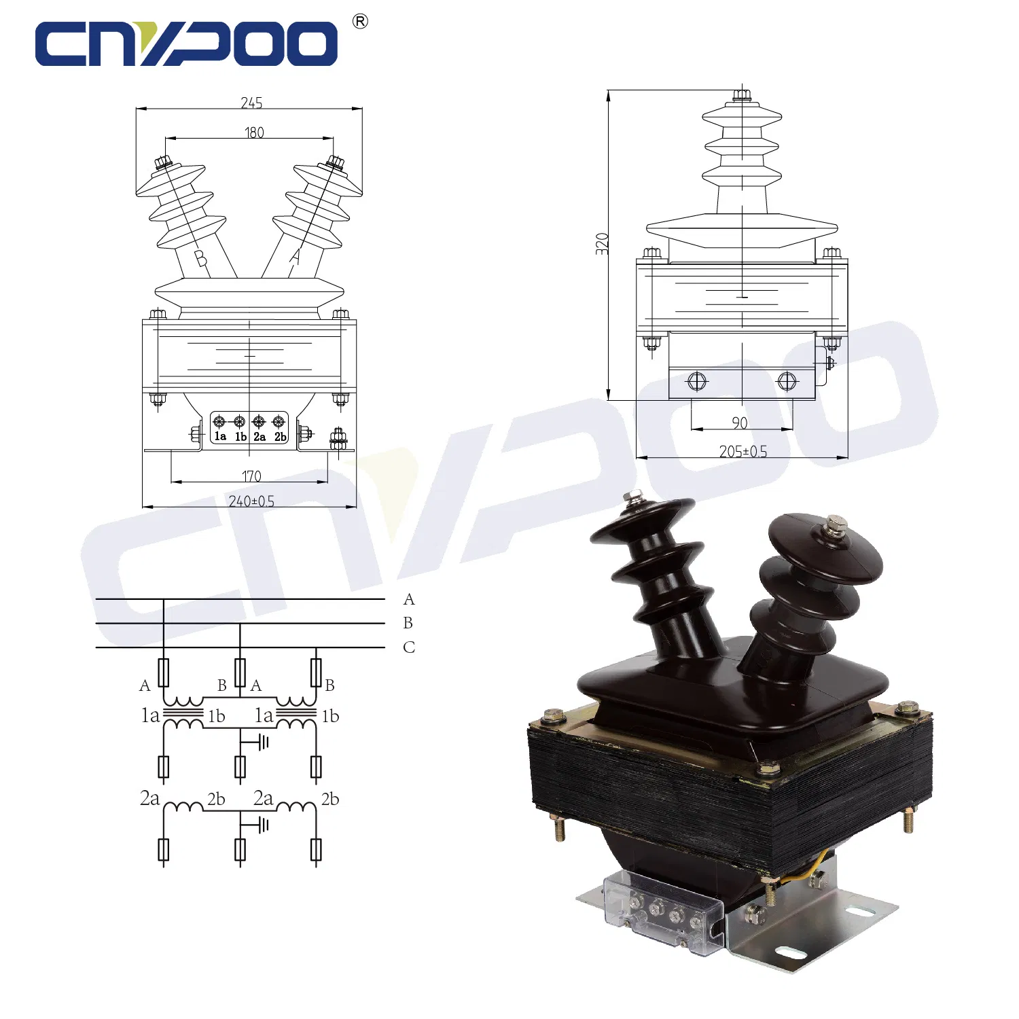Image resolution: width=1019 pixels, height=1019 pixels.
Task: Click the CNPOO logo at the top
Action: coord(187,43)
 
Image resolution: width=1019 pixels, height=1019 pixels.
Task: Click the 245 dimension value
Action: coord(251,103)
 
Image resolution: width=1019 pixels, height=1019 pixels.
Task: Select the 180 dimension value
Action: coord(254,132)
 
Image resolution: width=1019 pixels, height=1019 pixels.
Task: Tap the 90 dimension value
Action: coord(740,423)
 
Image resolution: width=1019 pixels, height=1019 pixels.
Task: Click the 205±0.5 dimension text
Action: coord(743,452)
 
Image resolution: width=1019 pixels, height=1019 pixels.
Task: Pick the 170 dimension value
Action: coord(251,476)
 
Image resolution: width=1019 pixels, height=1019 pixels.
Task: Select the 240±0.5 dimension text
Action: coord(251,501)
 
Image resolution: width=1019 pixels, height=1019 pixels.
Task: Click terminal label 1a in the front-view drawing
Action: coord(220,436)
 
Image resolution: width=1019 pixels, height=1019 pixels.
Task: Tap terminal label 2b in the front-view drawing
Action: coord(280,437)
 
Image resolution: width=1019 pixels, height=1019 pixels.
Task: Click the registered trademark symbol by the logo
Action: coord(360,22)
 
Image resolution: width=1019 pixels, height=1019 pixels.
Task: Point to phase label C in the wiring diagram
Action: coord(408,647)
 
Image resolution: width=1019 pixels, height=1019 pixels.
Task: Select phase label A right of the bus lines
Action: coord(408,599)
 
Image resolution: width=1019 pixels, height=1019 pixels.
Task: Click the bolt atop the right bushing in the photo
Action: coord(836,524)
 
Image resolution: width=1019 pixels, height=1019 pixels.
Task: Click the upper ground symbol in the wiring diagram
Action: coord(262,742)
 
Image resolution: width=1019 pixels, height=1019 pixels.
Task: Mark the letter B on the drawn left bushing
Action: coord(200,258)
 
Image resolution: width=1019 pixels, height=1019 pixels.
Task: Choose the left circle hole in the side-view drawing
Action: coord(697,381)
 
